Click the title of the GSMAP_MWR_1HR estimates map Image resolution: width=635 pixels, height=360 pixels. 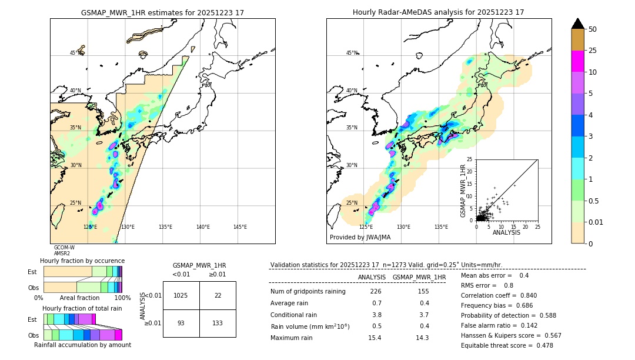(162, 12)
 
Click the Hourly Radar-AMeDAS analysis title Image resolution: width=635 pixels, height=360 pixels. (439, 12)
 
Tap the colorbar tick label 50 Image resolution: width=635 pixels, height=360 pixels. (593, 29)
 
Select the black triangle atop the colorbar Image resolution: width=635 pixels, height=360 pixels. (578, 24)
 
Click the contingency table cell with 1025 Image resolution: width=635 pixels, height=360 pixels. (181, 295)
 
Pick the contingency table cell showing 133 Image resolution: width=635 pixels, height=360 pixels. (218, 323)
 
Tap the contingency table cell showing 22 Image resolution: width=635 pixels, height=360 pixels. (218, 295)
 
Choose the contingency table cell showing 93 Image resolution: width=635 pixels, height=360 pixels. (181, 323)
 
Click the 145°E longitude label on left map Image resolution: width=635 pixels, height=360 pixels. (240, 227)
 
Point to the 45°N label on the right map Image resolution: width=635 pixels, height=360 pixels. (351, 53)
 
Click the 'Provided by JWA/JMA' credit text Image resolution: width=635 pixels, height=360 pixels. (360, 238)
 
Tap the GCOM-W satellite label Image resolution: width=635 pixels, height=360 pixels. (64, 248)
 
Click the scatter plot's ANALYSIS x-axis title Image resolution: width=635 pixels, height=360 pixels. (506, 233)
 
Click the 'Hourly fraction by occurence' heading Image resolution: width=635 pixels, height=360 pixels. (82, 261)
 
